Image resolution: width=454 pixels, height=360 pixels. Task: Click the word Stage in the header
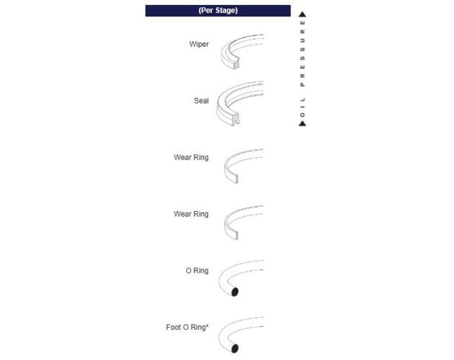click(226, 10)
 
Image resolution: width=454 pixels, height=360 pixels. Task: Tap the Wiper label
click(199, 44)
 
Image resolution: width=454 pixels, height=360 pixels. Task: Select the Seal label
click(201, 101)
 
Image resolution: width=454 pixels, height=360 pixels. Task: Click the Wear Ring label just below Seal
click(191, 158)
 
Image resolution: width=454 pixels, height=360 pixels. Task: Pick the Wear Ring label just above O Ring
click(191, 214)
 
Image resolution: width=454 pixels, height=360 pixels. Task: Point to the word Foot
click(173, 327)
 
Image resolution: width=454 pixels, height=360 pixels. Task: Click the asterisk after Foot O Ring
click(207, 325)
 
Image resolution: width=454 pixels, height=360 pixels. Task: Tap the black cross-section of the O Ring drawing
click(235, 292)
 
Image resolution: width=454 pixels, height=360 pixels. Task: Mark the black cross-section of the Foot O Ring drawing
click(235, 348)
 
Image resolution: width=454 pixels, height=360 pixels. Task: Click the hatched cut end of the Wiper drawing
click(236, 63)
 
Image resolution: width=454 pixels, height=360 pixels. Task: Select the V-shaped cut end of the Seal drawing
click(236, 120)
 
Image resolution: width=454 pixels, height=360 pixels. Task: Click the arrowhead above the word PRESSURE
click(302, 14)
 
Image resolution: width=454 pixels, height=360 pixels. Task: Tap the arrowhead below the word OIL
click(302, 124)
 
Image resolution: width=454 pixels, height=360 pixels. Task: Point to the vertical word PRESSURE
click(303, 53)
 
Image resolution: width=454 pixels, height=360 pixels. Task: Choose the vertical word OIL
click(303, 107)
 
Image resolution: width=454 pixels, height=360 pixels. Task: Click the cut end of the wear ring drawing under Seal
click(236, 179)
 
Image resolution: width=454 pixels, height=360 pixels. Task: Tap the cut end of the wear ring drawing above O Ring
click(236, 235)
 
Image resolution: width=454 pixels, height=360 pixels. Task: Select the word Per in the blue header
click(206, 10)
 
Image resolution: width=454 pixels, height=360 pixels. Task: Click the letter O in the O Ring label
click(189, 271)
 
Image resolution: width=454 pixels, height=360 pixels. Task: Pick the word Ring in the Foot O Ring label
click(198, 328)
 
